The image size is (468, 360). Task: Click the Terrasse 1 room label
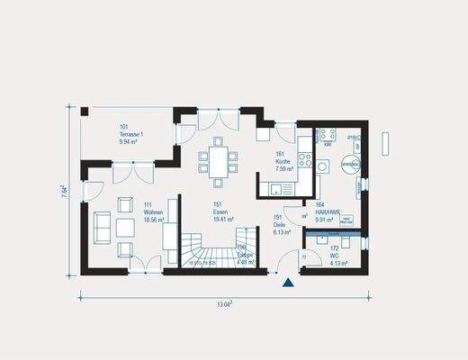tap(131, 135)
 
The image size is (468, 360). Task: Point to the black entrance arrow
tap(288, 283)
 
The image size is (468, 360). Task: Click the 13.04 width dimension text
tap(225, 304)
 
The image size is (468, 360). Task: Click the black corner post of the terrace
tap(85, 111)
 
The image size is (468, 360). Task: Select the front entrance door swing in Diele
tap(287, 264)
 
